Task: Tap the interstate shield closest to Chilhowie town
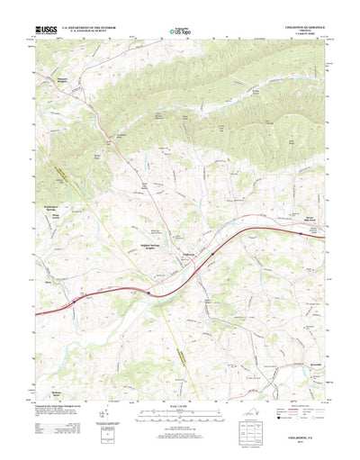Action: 212,254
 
